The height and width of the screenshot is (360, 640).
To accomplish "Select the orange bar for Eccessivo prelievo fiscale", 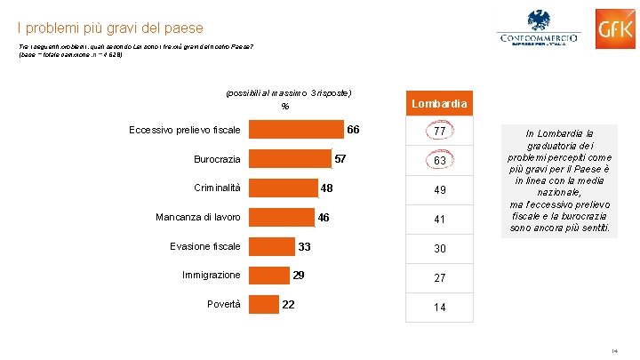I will click(297, 130).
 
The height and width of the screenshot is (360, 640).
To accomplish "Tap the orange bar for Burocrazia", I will click(290, 159).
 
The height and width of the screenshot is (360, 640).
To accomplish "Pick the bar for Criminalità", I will click(284, 188).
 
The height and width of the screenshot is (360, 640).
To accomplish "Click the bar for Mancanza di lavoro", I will click(282, 217).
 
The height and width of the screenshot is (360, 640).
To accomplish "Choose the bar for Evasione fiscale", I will click(272, 246).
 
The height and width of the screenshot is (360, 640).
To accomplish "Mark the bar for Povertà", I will click(264, 305).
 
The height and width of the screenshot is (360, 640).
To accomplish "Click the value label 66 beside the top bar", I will click(353, 130).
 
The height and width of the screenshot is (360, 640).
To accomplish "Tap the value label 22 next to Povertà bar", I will click(288, 305).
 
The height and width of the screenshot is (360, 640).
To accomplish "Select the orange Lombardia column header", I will click(439, 104).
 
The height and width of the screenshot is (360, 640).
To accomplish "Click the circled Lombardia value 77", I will click(439, 132).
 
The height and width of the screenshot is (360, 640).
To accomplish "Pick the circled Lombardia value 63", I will click(439, 162).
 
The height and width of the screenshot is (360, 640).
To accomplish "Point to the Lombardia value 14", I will click(439, 307).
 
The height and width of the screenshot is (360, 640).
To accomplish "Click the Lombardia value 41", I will click(439, 220).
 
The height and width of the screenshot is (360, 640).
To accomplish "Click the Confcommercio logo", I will click(538, 33).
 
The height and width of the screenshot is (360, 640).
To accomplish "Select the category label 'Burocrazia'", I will click(217, 159).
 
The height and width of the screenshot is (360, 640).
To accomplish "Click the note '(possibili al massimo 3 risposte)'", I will click(290, 92).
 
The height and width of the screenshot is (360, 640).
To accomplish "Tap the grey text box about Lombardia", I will click(558, 180).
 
